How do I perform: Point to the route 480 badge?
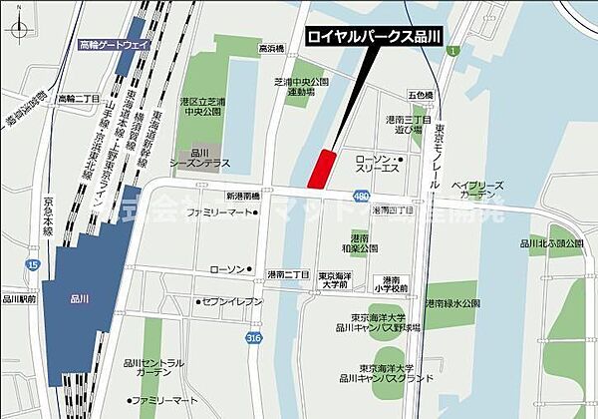[x=359, y=196]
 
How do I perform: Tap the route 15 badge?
[x=34, y=264]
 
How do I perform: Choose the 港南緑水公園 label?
[x=453, y=302]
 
